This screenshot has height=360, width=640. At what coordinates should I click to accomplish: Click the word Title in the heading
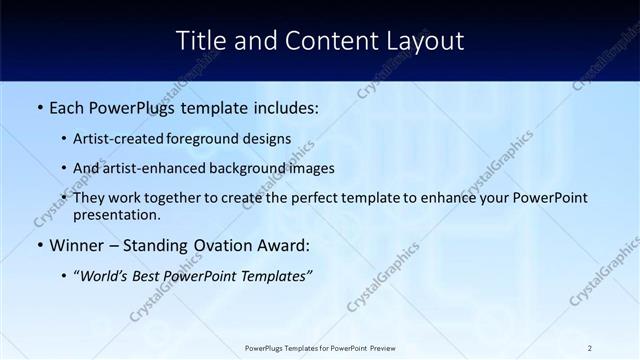point(202,41)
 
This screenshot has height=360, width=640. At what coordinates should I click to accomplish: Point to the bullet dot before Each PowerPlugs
point(39,108)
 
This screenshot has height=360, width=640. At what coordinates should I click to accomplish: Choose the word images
point(311,168)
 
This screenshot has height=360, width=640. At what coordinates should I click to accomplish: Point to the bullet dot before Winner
point(39,245)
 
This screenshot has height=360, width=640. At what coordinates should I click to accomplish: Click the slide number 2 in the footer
point(590,348)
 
